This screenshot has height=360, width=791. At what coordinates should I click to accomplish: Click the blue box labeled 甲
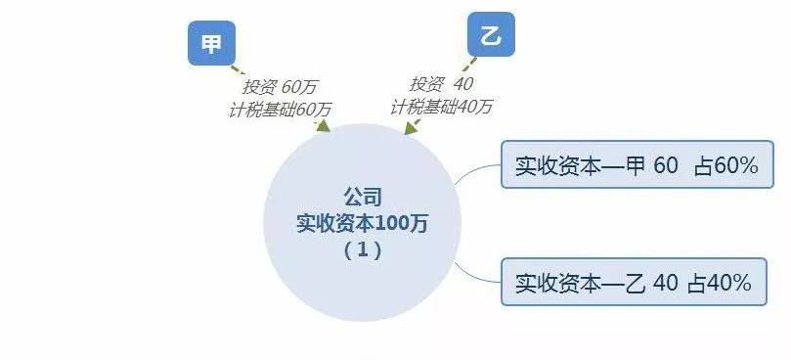click(x=211, y=43)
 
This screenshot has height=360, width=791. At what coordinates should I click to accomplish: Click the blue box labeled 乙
click(x=491, y=34)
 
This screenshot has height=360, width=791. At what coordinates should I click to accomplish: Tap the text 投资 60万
click(x=280, y=87)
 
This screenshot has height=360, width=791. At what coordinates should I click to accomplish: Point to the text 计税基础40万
click(x=441, y=107)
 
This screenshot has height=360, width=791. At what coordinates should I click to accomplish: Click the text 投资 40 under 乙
click(x=441, y=84)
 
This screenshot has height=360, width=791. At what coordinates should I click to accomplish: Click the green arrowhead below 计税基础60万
click(x=323, y=126)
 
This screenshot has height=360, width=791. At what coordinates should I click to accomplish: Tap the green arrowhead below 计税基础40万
click(x=411, y=128)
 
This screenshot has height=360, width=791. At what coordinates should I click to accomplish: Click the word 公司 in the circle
click(x=362, y=198)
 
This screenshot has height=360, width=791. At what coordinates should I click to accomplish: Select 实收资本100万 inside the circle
click(x=362, y=223)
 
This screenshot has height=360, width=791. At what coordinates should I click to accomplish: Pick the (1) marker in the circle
click(x=362, y=250)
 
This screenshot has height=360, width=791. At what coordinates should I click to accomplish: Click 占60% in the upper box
click(x=725, y=165)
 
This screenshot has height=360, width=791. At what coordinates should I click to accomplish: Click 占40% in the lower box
click(x=720, y=284)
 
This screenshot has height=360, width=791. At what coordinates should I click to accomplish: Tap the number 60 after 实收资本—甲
click(x=666, y=165)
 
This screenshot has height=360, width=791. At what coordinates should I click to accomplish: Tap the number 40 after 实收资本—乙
click(x=666, y=284)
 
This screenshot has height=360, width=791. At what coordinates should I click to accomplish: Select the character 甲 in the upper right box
click(x=635, y=165)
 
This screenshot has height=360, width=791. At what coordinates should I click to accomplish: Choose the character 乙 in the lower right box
click(x=635, y=284)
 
